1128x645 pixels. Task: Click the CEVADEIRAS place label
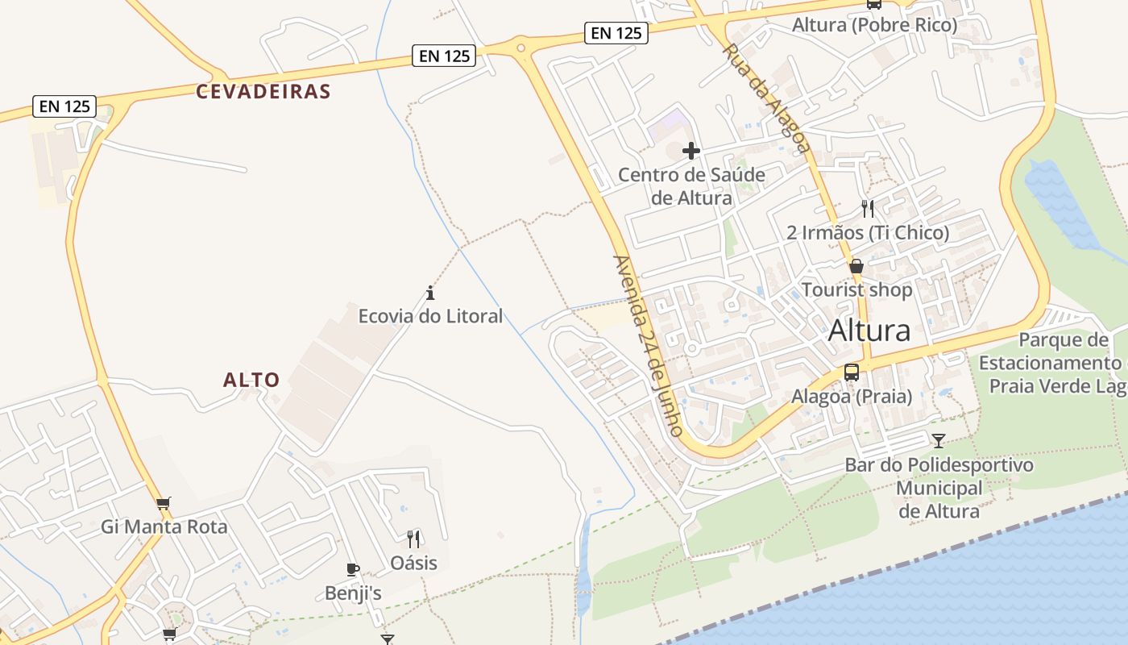click(263, 91)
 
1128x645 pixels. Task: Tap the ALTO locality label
click(251, 380)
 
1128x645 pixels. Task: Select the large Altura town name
click(869, 331)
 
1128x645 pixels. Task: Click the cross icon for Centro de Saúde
click(690, 151)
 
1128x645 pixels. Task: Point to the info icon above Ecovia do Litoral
click(430, 293)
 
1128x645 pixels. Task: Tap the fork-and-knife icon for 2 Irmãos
click(868, 209)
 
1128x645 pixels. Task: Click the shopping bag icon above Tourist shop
click(856, 266)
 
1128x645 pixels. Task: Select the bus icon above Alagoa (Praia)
click(852, 372)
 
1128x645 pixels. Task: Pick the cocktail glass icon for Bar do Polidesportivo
click(939, 441)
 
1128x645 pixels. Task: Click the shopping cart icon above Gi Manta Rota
click(164, 504)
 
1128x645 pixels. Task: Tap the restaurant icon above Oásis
click(413, 539)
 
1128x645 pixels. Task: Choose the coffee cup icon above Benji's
click(352, 569)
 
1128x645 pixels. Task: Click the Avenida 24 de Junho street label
click(648, 347)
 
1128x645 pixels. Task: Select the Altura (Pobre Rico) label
click(874, 25)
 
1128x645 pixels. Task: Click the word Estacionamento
click(1049, 363)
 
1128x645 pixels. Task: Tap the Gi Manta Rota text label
click(164, 527)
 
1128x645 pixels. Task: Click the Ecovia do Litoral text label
click(430, 316)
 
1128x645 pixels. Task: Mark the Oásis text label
click(414, 562)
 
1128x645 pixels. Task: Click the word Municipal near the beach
click(939, 488)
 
